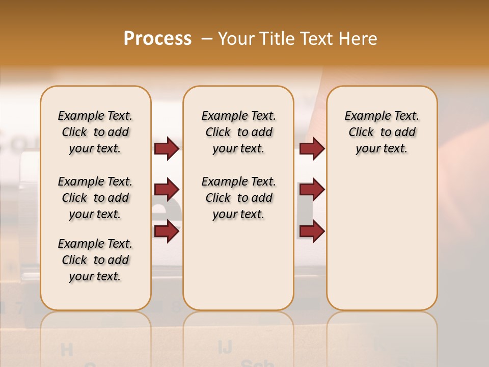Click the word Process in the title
click(157, 39)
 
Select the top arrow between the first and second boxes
click(167, 148)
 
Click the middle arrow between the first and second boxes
click(167, 190)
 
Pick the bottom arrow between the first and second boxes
click(167, 231)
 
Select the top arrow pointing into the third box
click(312, 148)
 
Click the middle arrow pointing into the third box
click(312, 190)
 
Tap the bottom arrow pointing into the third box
click(312, 231)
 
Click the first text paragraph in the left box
click(95, 132)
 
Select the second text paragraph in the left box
click(95, 198)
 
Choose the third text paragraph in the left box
click(95, 260)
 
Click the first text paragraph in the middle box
click(238, 132)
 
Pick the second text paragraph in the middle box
click(238, 198)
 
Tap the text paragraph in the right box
click(382, 132)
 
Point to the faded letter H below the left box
click(66, 350)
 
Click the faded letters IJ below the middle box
click(225, 347)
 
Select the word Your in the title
click(236, 39)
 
